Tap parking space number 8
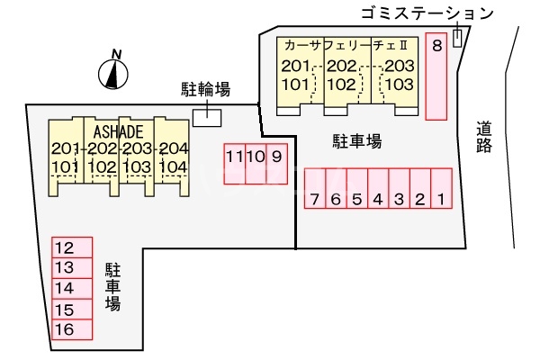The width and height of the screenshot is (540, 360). pos(436,76)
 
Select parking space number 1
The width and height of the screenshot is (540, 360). pos(441,189)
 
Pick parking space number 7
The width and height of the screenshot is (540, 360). pos(313,189)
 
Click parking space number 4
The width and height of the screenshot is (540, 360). pos(377,189)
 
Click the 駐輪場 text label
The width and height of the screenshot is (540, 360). pos(204,88)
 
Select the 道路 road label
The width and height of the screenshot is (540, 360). pos(485,139)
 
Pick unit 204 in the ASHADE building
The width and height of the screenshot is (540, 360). pos(172,149)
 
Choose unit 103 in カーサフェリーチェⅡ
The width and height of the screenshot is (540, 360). pos(399,84)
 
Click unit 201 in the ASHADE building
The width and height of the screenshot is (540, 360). pos(67,149)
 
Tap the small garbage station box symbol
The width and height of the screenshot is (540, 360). pos(458,38)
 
